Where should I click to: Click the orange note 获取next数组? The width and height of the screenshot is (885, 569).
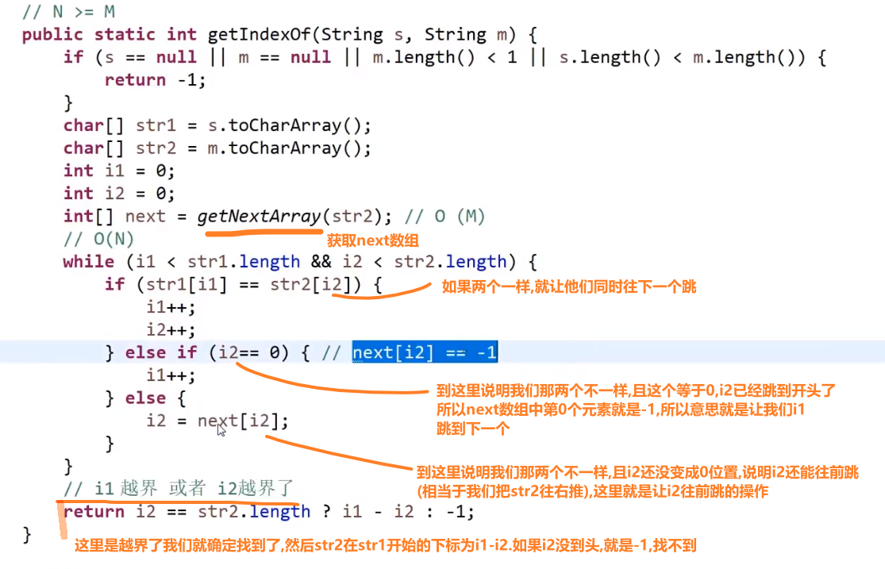pos(372,241)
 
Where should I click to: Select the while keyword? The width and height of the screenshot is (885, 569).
pos(88,262)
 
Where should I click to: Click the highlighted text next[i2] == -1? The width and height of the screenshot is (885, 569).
pos(425,352)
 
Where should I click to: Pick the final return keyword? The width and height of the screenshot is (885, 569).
pos(94,512)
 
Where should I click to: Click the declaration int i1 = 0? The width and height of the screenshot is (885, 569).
pos(119,171)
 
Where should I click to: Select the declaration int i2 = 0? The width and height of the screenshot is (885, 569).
pos(119,194)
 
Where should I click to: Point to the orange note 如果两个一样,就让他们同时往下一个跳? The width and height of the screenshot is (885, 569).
pos(568,286)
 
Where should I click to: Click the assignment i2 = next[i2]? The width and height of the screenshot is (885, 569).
pos(217,421)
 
